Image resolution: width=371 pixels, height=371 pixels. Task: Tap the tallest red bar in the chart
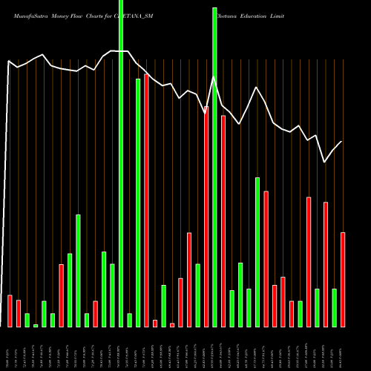click(x=146, y=200)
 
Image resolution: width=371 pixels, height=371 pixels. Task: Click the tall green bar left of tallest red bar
click(x=138, y=203)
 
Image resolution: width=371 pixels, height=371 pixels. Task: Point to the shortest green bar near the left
click(x=36, y=325)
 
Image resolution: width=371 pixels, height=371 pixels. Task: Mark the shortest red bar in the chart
click(x=172, y=325)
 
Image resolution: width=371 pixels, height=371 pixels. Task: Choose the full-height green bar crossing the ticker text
click(x=121, y=163)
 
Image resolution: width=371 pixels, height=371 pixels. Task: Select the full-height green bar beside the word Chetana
click(x=215, y=163)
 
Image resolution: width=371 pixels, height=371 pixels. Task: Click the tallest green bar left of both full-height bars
click(x=78, y=271)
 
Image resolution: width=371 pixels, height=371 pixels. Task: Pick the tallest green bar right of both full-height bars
click(x=257, y=252)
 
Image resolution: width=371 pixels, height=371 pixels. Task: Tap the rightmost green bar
click(x=335, y=307)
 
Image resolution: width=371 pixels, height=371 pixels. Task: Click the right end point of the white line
click(x=342, y=141)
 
